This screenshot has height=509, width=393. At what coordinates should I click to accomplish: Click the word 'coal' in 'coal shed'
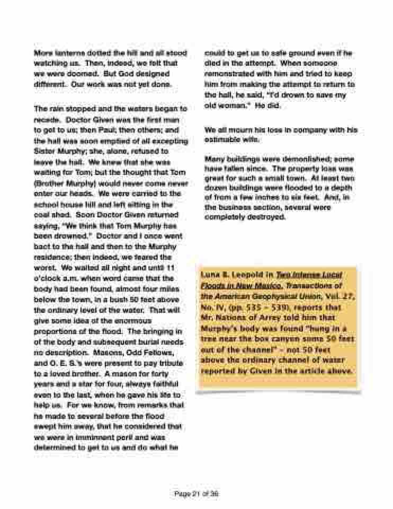pyautogui.click(x=42, y=215)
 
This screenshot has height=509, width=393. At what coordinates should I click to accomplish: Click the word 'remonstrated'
pyautogui.click(x=229, y=74)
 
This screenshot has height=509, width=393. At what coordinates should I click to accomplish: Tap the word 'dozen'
pyautogui.click(x=216, y=189)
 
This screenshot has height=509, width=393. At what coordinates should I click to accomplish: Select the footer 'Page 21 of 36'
pyautogui.click(x=196, y=494)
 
